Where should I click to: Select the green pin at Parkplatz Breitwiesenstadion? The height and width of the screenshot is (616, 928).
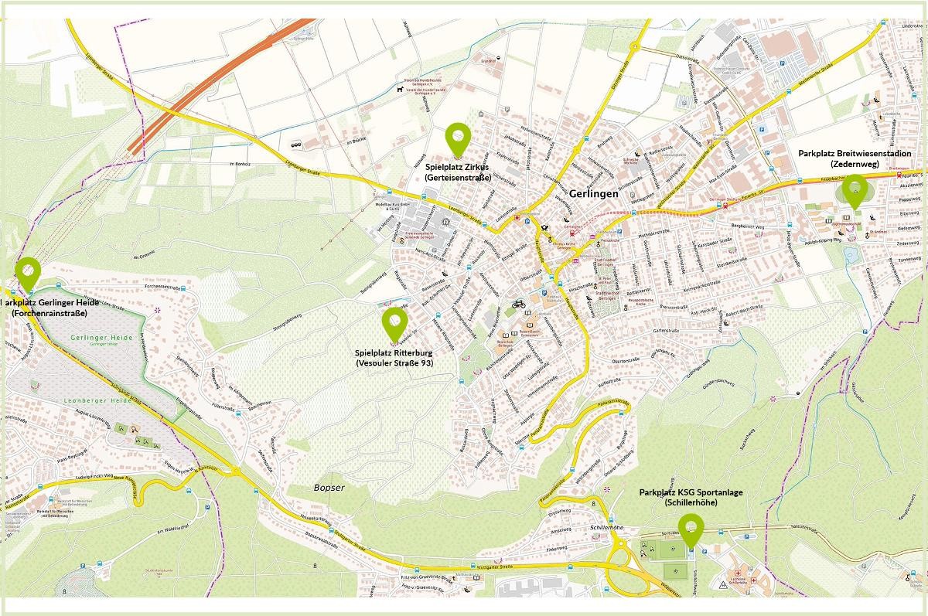(855, 189)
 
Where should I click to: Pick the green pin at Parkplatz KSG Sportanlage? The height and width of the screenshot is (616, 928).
(691, 529)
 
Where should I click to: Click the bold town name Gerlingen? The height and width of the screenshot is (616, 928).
(593, 194)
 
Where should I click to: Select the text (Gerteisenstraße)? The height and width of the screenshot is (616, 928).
(458, 178)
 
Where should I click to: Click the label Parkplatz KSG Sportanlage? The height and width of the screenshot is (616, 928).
(690, 492)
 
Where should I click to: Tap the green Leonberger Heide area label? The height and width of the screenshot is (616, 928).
(76, 403)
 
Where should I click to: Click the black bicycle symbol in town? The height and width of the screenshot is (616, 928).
(518, 304)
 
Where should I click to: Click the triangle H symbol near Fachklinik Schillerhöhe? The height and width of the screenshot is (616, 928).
(722, 585)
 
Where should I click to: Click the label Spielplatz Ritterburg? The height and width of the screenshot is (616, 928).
(395, 352)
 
